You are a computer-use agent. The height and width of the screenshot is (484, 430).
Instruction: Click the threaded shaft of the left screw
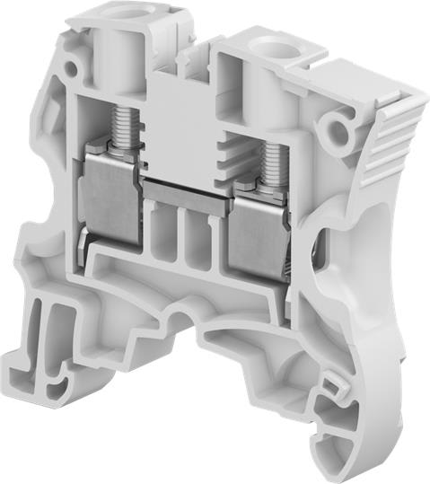click(123, 126)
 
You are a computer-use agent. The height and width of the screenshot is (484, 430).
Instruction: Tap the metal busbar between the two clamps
click(185, 192)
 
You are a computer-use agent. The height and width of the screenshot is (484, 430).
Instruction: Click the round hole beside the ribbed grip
click(340, 134)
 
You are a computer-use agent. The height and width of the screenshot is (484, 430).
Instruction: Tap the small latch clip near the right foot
click(334, 386)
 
